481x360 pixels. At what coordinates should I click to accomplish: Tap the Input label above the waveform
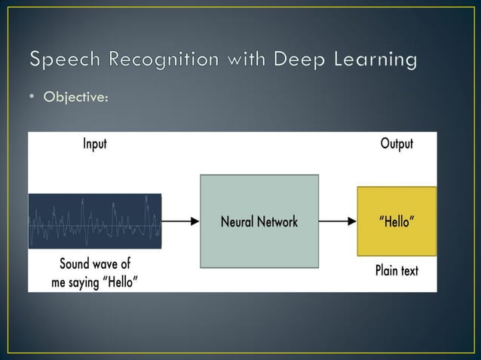(94, 144)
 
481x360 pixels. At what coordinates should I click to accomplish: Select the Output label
(396, 144)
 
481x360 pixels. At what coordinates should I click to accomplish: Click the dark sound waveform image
(94, 221)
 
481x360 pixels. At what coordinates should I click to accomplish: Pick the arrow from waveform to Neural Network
(180, 221)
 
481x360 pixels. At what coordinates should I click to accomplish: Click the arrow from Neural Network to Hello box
(337, 221)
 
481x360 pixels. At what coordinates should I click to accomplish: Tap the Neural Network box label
(259, 222)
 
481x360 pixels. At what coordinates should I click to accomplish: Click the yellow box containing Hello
(396, 221)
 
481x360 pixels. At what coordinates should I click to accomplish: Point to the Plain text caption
(396, 270)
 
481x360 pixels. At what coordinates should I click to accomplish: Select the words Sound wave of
(94, 264)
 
